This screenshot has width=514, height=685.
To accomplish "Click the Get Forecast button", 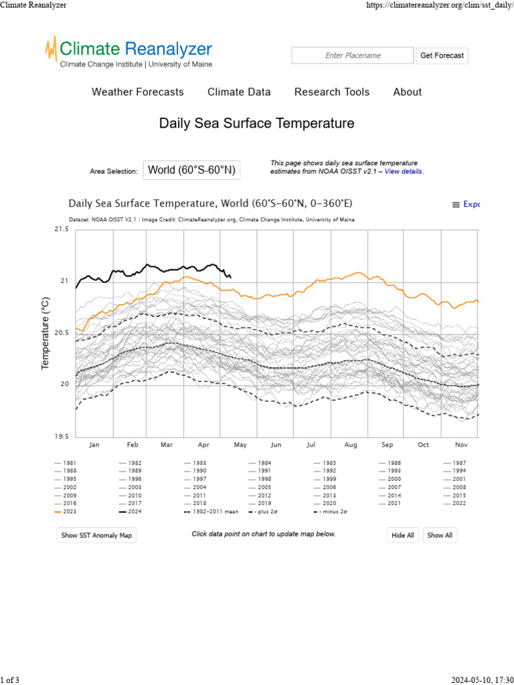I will tap(442, 56).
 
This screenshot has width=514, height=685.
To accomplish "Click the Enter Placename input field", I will tap(353, 56).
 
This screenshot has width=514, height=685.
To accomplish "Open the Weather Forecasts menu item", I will tap(138, 92).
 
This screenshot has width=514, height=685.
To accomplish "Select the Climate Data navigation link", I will tap(239, 92).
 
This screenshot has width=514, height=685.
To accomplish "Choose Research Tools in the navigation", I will tap(332, 92).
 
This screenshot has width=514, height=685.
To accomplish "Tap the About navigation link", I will tap(408, 92).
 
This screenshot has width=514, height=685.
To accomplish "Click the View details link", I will tap(404, 172).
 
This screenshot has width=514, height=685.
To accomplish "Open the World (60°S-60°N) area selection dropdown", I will tap(191, 170).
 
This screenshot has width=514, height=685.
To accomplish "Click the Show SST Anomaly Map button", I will tap(97, 535).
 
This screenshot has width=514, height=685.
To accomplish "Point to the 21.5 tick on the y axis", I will tap(61, 229).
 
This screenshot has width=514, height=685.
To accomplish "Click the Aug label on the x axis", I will tap(351, 444).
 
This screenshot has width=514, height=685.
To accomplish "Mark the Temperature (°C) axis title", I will tap(46, 333).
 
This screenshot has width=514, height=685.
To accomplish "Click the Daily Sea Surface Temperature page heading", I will tap(256, 124).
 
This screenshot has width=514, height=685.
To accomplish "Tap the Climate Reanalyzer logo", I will tap(128, 52).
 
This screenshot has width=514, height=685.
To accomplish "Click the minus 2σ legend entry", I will tap(332, 512).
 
